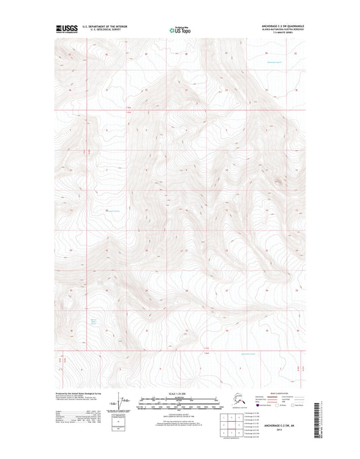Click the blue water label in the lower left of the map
(95, 322)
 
